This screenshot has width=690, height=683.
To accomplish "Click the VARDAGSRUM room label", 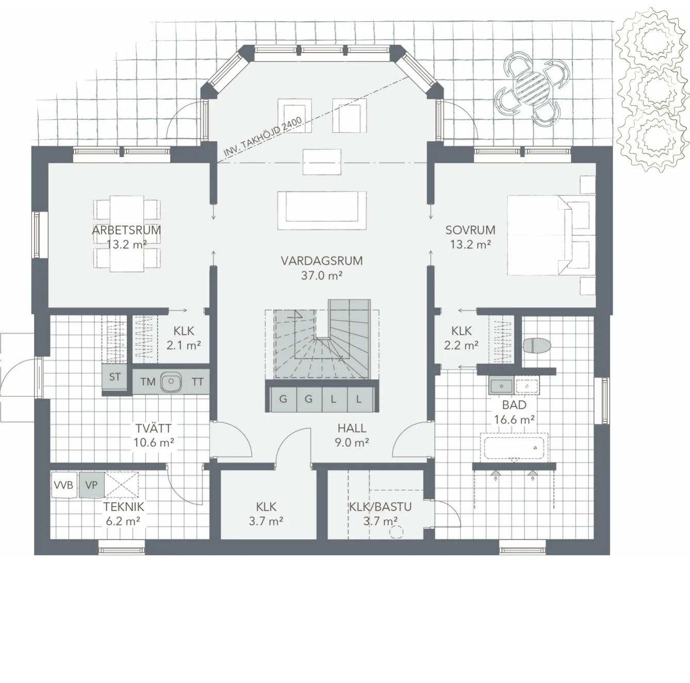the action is (x=322, y=261).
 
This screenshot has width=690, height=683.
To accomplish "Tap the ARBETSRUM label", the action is (x=126, y=230).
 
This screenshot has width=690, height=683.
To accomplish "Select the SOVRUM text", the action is (x=470, y=230).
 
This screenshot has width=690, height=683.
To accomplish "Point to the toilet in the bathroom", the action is (x=537, y=346).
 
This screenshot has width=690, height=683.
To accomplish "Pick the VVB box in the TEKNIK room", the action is (x=64, y=485).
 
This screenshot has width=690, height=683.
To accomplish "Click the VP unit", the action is (x=92, y=485).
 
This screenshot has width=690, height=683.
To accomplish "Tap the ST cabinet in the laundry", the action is (x=114, y=377).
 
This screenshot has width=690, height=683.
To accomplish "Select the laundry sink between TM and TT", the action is (x=171, y=381).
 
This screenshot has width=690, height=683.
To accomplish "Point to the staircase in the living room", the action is (x=322, y=340).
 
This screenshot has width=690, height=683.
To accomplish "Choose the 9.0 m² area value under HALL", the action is (x=352, y=442).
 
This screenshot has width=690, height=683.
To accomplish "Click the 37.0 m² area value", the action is (x=322, y=275).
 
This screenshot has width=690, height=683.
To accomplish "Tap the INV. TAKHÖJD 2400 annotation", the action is (x=262, y=137).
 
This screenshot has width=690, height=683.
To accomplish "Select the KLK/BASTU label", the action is (x=380, y=507).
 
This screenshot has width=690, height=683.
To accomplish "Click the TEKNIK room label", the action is (x=124, y=507).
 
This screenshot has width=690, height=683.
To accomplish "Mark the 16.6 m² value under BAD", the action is (x=515, y=420).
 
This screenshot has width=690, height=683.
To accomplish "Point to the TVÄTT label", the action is (x=154, y=428).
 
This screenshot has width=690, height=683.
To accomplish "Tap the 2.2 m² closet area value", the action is (x=461, y=345).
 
